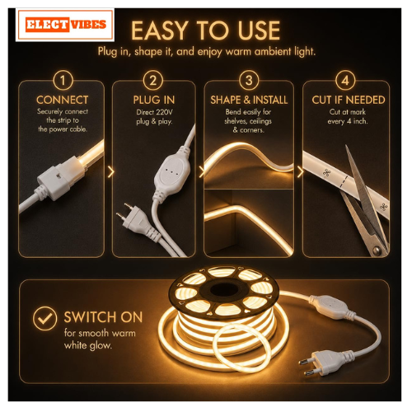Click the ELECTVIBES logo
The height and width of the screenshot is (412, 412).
[x=65, y=25]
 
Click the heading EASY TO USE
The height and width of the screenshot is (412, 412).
[x=205, y=30]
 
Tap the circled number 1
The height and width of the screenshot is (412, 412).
[x=63, y=80]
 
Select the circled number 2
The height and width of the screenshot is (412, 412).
[x=153, y=80]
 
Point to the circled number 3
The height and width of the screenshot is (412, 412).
[x=249, y=80]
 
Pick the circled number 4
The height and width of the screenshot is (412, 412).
[x=345, y=80]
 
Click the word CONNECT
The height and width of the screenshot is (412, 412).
[x=63, y=100]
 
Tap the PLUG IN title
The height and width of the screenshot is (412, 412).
[x=154, y=100]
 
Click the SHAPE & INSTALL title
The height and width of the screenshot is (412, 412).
[x=249, y=100]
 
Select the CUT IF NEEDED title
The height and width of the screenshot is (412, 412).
[x=349, y=100]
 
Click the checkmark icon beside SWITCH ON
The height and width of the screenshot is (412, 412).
[x=44, y=318]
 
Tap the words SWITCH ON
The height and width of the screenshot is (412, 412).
[x=103, y=317]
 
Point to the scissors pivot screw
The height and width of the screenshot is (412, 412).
[x=377, y=250]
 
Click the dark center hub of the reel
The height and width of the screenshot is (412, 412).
[x=226, y=290]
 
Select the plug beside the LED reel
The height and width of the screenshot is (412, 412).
[x=321, y=363]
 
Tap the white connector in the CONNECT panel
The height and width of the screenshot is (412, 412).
[x=60, y=179]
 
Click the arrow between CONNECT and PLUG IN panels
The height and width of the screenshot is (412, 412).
[x=110, y=172]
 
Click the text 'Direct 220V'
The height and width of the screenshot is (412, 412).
[x=154, y=112]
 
